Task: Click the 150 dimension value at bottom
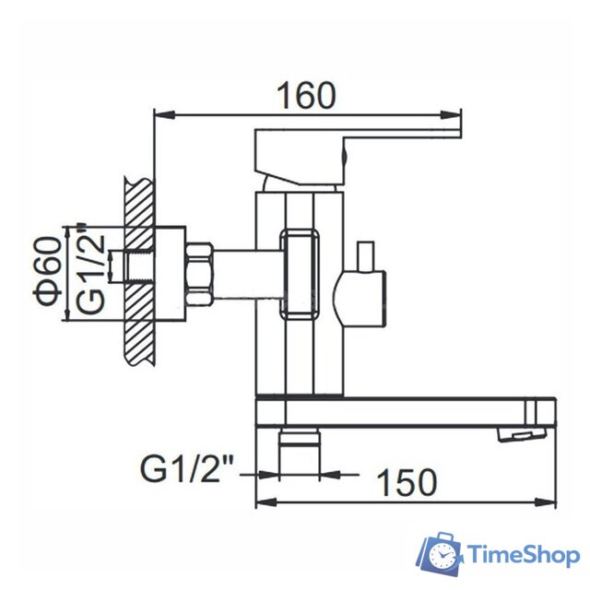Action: point(408,481)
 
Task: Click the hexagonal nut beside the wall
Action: point(199,271)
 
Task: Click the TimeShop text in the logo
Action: point(522,555)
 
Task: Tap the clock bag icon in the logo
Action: point(443,555)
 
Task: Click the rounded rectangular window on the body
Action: point(301,274)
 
